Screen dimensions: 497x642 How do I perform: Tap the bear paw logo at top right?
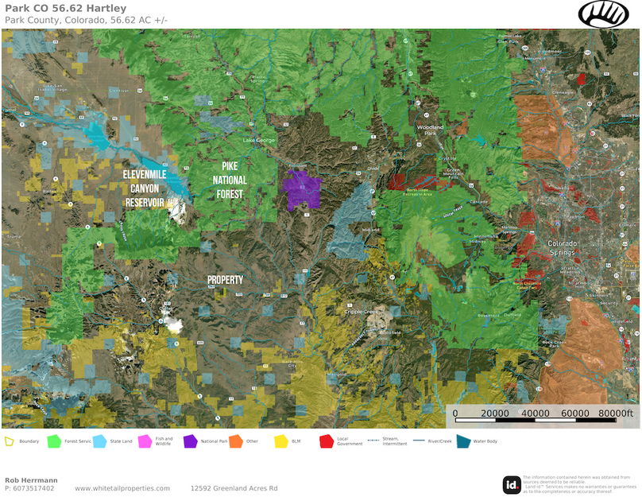pos(603,14)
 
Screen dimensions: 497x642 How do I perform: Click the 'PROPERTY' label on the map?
pos(225,281)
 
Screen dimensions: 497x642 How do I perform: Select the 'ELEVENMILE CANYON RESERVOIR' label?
pos(149,188)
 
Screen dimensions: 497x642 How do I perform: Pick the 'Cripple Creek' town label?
pos(360,312)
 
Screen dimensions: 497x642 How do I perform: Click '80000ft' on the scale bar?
pos(616,414)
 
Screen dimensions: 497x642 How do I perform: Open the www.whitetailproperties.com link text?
pos(122,488)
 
